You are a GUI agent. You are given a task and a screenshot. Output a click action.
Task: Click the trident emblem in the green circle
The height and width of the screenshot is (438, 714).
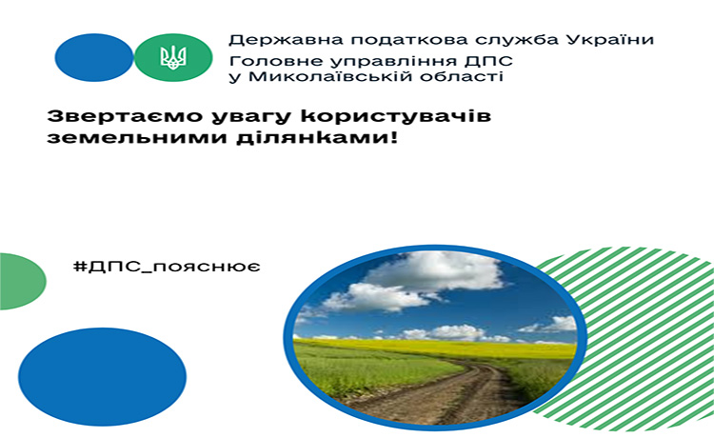click(173, 58)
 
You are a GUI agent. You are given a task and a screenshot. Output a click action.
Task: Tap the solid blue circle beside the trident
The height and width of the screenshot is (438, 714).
click(94, 57)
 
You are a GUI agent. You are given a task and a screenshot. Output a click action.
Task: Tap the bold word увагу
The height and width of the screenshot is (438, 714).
click(251, 117)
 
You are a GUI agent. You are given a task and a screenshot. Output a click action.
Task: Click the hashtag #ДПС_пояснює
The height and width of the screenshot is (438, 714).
click(167, 266)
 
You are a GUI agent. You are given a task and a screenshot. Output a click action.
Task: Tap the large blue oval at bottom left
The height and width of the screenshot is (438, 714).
click(103, 377)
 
